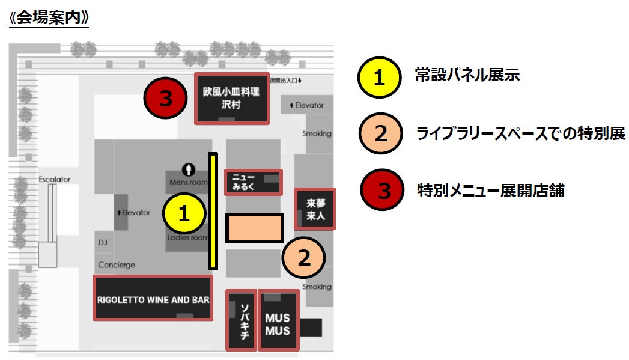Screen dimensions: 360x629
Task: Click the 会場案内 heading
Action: click(x=49, y=17)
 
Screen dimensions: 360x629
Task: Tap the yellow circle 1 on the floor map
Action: click(x=184, y=214)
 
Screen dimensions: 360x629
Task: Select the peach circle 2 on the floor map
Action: click(x=304, y=258)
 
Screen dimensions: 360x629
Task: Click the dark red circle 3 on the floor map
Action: click(x=165, y=99)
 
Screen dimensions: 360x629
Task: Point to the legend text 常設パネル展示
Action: click(x=467, y=75)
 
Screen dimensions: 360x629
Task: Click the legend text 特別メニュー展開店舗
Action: click(x=491, y=191)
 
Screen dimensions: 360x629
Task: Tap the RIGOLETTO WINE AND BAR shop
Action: click(x=153, y=298)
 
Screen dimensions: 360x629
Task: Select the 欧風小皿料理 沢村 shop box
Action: click(x=231, y=99)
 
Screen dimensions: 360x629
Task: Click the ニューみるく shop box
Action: click(x=253, y=182)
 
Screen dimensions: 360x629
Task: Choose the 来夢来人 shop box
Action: click(x=315, y=209)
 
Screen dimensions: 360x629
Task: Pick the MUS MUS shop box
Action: click(x=278, y=320)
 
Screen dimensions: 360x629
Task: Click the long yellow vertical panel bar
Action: click(x=213, y=211)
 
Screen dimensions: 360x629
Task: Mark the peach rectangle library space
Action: click(x=255, y=228)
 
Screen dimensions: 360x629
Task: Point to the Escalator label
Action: click(x=54, y=179)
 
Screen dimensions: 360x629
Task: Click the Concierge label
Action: click(x=117, y=265)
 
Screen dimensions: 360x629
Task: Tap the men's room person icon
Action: click(x=189, y=170)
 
